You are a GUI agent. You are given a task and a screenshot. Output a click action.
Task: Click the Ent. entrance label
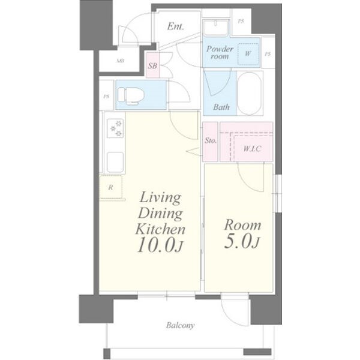coord(175,26)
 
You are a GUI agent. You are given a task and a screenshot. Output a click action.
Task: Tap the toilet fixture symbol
coord(131,96)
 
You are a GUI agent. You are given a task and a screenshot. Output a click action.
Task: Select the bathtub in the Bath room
coord(249,93)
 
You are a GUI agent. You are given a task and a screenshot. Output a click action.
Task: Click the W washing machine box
coord(248,54)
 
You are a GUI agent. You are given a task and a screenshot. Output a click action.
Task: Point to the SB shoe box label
coord(152,66)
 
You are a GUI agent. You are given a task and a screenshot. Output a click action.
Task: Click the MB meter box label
coord(120,61)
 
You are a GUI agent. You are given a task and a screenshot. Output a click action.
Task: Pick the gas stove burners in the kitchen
coord(115,128)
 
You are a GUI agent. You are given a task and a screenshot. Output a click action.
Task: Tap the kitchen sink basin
coord(115,163)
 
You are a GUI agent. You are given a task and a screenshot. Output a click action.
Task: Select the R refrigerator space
coord(110,187)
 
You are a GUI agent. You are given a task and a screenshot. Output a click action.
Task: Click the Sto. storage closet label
coord(211,140)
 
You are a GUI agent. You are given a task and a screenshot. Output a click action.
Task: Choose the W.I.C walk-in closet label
coord(252,149)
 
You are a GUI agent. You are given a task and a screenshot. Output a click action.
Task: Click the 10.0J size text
coord(160,245)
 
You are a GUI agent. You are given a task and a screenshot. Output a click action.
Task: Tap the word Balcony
coord(181,325)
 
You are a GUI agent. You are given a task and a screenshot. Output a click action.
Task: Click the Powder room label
coord(220,52)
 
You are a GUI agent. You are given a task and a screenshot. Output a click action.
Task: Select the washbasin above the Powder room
coord(215,28)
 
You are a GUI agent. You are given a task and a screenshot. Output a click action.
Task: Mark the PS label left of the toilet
coord(106,97)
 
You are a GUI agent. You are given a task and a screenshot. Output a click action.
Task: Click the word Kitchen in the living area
coord(160,229)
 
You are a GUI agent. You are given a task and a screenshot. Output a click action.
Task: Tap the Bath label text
coord(221,107)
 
